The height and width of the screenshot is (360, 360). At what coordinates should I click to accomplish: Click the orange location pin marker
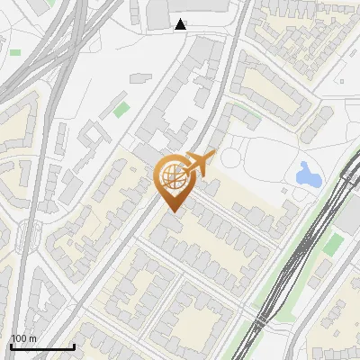[172, 184]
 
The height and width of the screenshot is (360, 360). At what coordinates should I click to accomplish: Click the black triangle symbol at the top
[181, 24]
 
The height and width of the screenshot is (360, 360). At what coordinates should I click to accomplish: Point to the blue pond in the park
[308, 174]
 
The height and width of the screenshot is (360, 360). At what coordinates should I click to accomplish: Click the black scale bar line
[42, 346]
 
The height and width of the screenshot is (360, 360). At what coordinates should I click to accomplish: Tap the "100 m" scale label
[23, 338]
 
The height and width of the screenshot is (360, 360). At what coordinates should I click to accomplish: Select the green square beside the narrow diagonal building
[121, 111]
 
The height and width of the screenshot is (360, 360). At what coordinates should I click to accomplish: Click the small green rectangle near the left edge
[15, 52]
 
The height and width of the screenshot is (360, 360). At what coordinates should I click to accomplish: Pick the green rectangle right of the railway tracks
[333, 244]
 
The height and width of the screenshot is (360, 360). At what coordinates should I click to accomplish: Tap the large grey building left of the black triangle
[158, 13]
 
